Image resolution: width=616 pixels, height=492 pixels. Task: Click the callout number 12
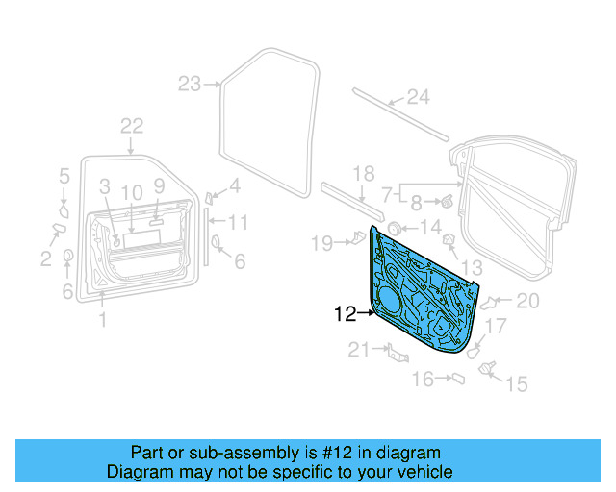point(345,312)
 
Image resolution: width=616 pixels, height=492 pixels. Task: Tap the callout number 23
point(189,84)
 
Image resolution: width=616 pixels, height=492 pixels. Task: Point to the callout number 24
point(416,96)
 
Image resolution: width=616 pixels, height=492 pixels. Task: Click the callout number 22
point(132,126)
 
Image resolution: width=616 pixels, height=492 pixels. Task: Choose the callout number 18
point(362,174)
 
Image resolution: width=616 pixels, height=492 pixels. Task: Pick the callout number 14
point(429,228)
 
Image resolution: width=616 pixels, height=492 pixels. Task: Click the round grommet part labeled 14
point(394,228)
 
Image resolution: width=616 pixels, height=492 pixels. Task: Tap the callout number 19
point(321,243)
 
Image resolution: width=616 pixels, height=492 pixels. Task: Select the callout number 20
point(527,301)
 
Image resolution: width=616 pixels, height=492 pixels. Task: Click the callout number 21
point(358,351)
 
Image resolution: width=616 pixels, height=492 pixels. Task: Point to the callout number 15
point(517,384)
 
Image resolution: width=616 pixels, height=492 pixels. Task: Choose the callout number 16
point(423,380)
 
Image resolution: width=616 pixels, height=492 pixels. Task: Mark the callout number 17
point(494,327)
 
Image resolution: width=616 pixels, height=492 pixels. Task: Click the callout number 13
point(471,267)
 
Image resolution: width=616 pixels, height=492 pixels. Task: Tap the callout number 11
point(238,223)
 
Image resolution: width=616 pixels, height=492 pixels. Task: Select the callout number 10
point(132,190)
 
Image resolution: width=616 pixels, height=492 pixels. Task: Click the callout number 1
point(103,320)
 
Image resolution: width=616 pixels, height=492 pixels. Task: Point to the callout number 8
point(416,203)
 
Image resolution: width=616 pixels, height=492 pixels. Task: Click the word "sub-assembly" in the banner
point(243,453)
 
